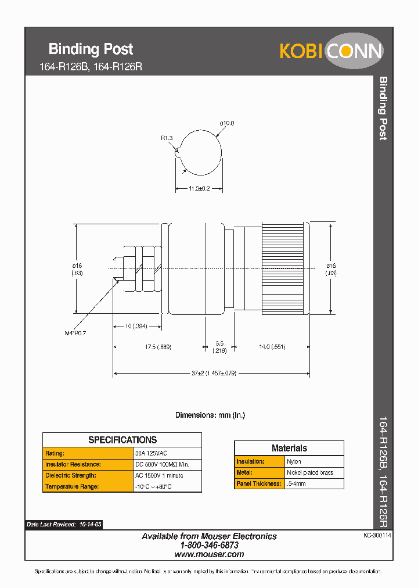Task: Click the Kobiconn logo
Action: point(331,51)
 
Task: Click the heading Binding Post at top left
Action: point(91,49)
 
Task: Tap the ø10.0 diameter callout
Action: point(226,123)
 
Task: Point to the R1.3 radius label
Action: point(167,138)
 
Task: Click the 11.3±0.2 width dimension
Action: point(199,188)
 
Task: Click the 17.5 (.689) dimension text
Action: point(158,347)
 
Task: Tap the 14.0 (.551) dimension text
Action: point(272,347)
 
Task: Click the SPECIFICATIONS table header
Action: point(122,440)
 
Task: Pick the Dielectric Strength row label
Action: point(71,475)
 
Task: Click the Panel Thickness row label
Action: point(259,483)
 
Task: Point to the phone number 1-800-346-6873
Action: point(209,546)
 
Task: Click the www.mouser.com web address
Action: point(209,554)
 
